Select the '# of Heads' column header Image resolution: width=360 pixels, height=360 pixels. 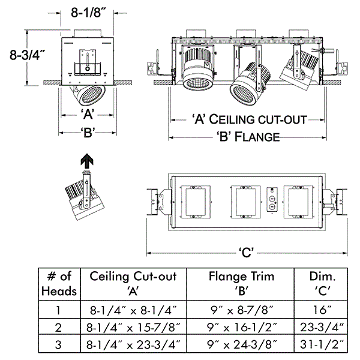(x=59, y=284)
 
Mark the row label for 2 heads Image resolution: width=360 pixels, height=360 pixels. (x=59, y=328)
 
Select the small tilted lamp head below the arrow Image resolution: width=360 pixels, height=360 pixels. (x=81, y=194)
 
